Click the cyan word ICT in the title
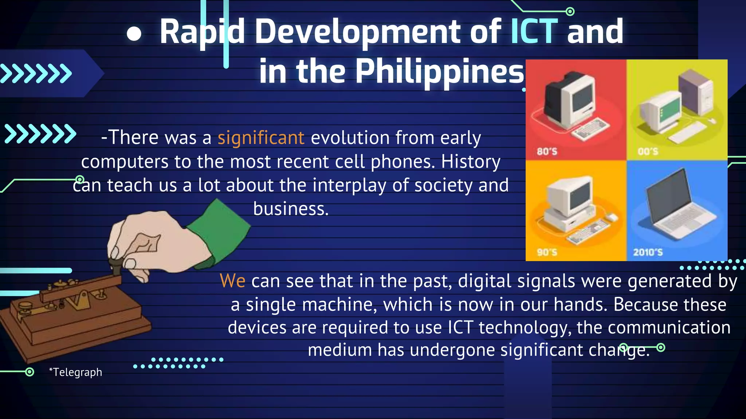click(534, 32)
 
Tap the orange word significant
click(261, 138)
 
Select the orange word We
click(232, 281)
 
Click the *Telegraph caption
click(76, 372)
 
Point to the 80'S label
click(547, 151)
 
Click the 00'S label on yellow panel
click(648, 151)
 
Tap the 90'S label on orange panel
click(547, 252)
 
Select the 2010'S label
click(648, 252)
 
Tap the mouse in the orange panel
click(612, 217)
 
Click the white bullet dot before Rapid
click(134, 34)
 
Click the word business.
click(291, 209)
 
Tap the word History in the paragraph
click(471, 161)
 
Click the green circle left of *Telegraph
click(30, 372)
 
